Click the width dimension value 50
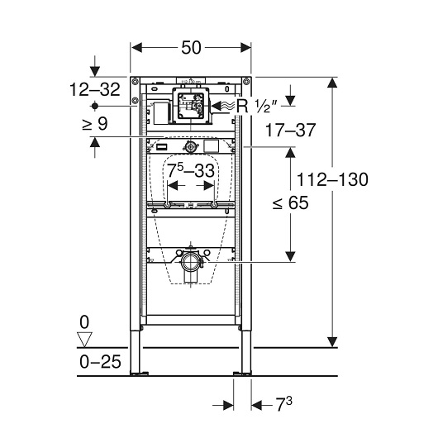[x=191, y=47]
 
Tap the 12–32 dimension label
[x=95, y=90]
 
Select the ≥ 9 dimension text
[x=95, y=123]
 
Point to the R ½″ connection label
[x=257, y=107]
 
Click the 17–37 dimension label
[x=290, y=130]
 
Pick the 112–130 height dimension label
[x=332, y=179]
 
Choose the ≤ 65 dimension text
[x=290, y=202]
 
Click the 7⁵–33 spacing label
[x=191, y=170]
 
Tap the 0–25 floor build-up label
[x=100, y=362]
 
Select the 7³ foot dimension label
[x=283, y=404]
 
